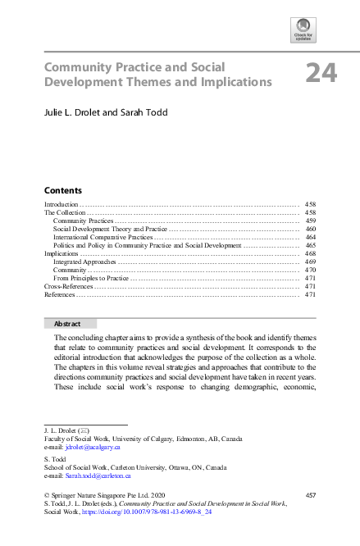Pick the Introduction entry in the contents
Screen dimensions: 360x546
(61, 203)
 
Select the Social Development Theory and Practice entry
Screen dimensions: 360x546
(110, 229)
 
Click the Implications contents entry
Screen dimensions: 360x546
(62, 253)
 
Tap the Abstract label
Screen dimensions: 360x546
(66, 324)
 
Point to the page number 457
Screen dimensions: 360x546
(311, 495)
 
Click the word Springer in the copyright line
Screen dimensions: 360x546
(63, 495)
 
